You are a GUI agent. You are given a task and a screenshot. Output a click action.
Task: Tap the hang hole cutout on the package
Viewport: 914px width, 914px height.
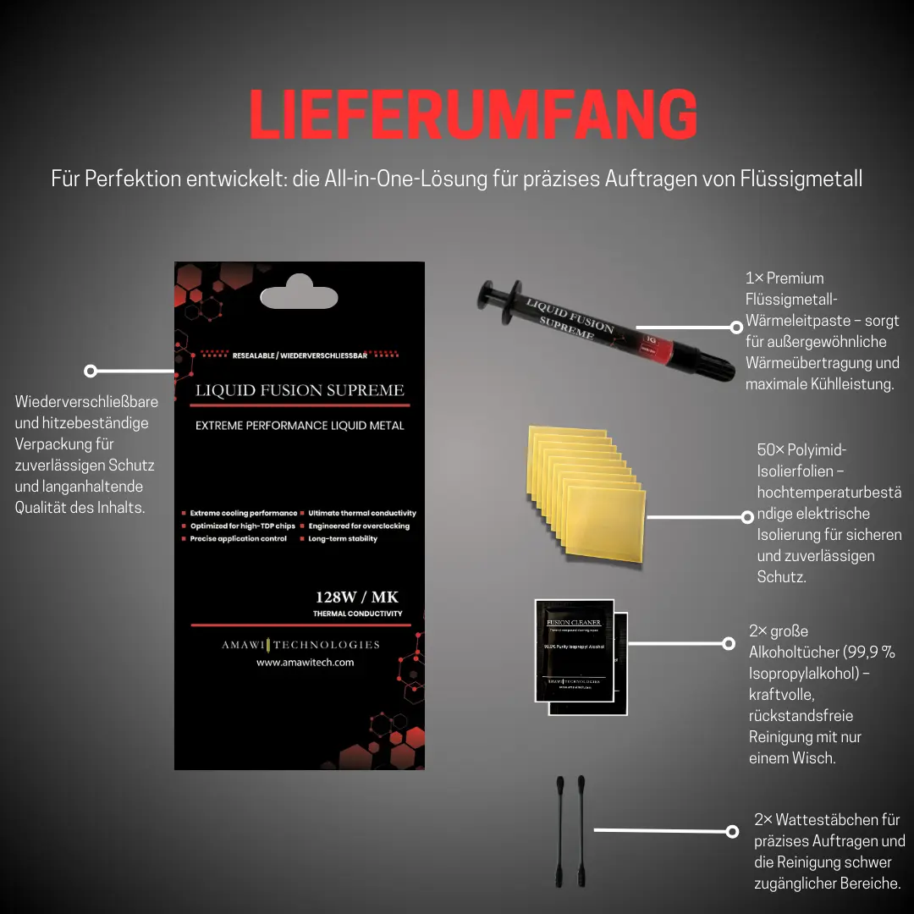(299, 297)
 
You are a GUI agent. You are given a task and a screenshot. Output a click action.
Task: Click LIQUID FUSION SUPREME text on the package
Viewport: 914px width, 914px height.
(300, 390)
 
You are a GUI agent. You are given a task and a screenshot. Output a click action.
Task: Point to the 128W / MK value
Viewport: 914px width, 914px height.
(356, 597)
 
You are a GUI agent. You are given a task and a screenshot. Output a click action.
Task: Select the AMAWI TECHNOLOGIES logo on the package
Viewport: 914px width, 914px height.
(300, 645)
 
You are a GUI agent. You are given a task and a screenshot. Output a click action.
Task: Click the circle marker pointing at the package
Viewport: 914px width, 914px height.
(91, 371)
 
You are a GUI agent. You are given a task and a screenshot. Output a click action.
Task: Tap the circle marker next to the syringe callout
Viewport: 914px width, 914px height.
(735, 327)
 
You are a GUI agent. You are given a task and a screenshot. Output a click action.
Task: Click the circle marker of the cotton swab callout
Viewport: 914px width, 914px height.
(732, 831)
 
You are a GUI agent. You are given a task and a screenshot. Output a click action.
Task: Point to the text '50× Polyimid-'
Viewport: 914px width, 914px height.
(801, 450)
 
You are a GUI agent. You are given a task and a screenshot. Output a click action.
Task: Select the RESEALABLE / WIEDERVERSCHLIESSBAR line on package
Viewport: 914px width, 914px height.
(299, 356)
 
